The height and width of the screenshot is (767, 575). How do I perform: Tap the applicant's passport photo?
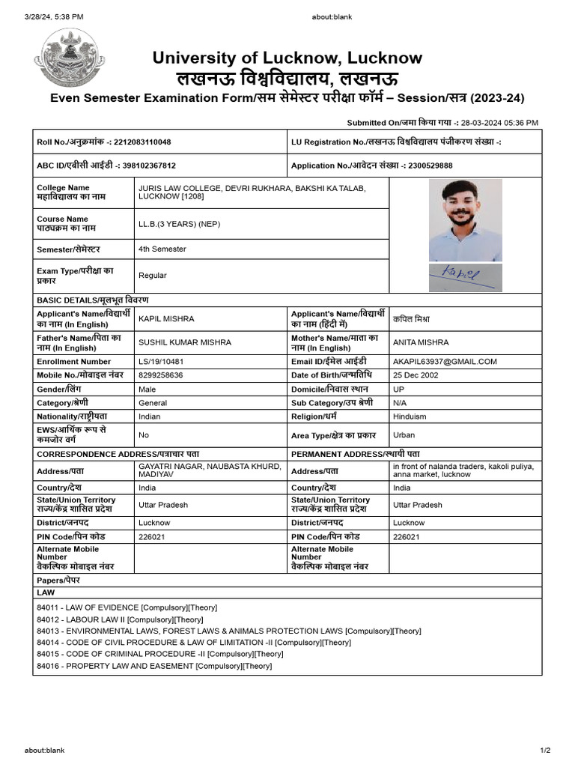coord(465,220)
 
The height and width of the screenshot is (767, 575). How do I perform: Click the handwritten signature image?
coord(465,277)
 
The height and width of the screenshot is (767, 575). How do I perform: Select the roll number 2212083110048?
coord(144,142)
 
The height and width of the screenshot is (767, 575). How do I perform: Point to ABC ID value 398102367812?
coord(145,166)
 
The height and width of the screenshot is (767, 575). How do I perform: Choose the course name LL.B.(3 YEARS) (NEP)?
coord(179,224)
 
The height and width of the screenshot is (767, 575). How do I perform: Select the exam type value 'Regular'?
coord(153,276)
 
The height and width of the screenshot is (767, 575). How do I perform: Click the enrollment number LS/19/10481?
coord(161,361)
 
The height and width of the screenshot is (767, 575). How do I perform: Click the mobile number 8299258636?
coord(160,375)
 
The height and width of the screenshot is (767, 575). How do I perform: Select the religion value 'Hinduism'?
coord(410,416)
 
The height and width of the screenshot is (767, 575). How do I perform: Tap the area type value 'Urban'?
coord(404,435)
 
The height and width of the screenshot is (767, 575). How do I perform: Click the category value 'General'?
coord(153,403)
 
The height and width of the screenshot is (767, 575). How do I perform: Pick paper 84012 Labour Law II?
coord(120,619)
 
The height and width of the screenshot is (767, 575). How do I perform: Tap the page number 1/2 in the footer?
coord(545,750)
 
